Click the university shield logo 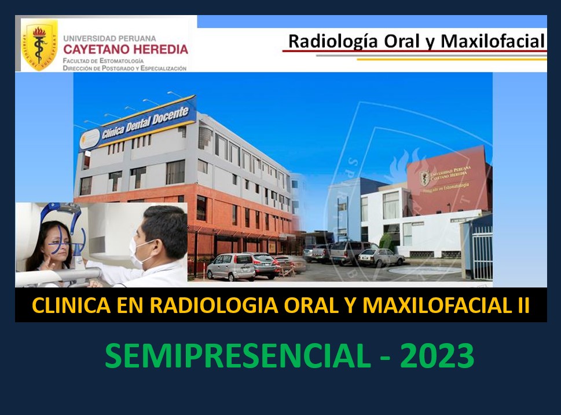tap(39, 45)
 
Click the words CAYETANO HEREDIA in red tap(126, 49)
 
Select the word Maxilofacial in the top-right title tap(493, 42)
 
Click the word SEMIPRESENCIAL tap(237, 356)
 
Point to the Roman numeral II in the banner tap(522, 305)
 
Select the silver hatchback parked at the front tap(230, 267)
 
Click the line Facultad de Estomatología tap(104, 60)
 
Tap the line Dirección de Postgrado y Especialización tap(124, 68)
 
